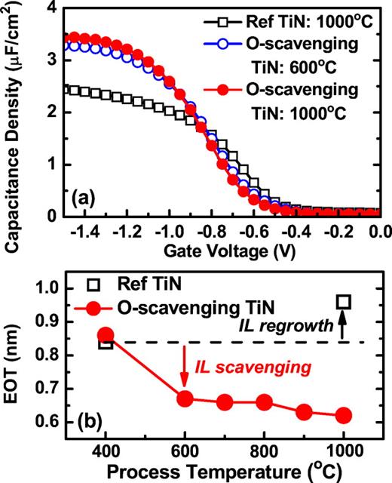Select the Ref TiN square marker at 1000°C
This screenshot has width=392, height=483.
coord(344,302)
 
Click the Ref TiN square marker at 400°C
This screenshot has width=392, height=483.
coord(106,342)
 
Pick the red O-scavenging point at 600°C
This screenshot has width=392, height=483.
coord(184,398)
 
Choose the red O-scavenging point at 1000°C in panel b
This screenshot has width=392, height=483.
coord(343,415)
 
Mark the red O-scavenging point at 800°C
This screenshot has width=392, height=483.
coord(264,401)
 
